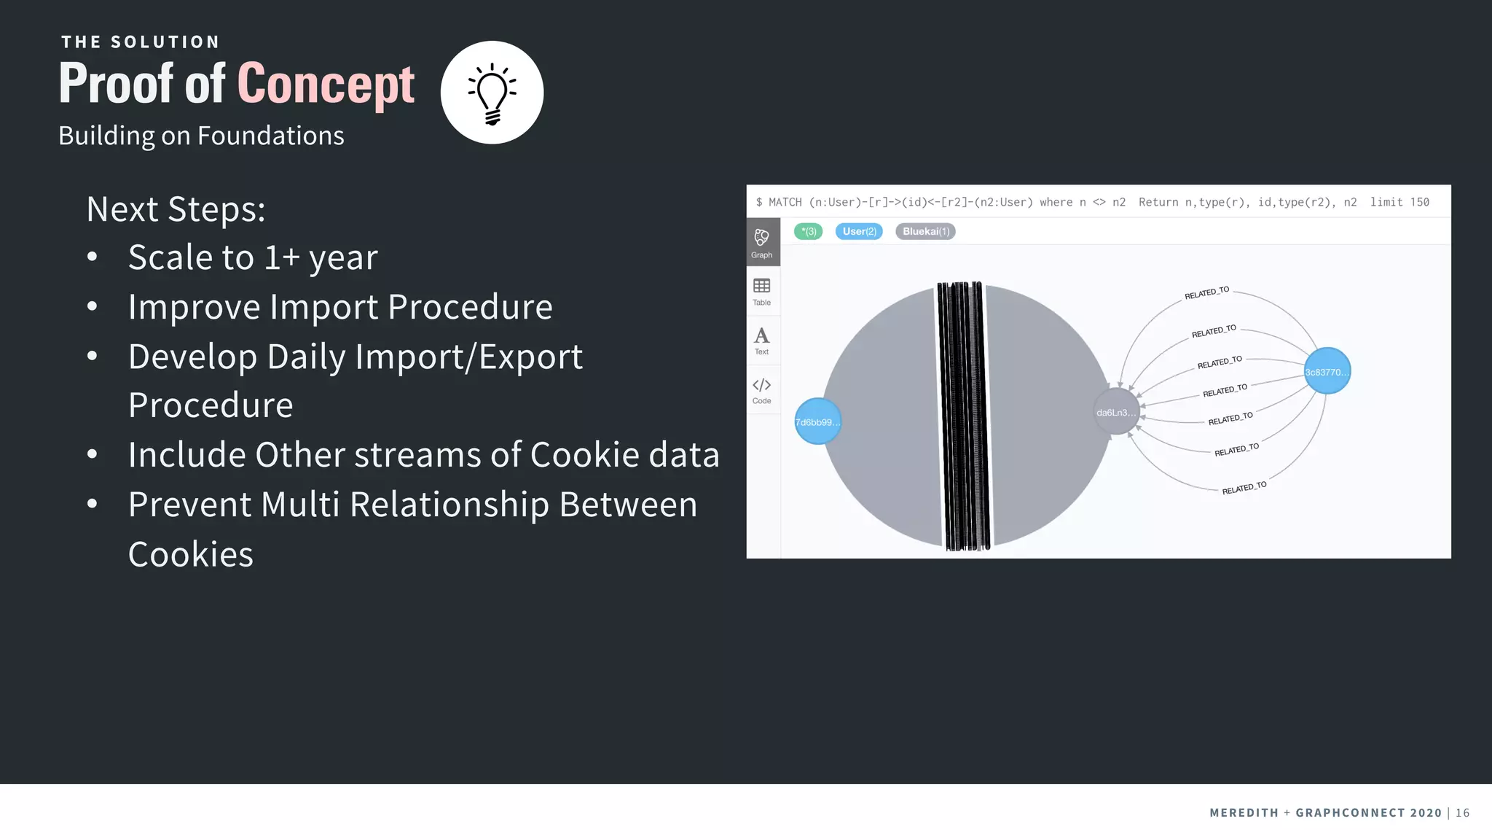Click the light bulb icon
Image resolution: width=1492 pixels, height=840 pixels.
click(x=492, y=93)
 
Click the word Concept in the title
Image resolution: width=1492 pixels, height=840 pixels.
click(x=326, y=84)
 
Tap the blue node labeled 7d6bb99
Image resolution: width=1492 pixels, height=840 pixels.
click(x=817, y=421)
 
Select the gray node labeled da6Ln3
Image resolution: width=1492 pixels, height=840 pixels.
click(x=1116, y=413)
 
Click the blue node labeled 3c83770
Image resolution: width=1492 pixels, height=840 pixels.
click(x=1327, y=372)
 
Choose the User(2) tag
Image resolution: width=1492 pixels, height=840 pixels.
click(x=859, y=231)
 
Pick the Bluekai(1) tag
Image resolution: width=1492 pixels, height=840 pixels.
click(x=925, y=231)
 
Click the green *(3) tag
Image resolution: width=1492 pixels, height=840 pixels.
click(x=808, y=231)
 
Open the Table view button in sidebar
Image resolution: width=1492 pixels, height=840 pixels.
click(x=762, y=291)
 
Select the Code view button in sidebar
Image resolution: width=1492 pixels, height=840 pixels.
click(x=762, y=390)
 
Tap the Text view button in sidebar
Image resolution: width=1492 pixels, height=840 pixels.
click(x=762, y=341)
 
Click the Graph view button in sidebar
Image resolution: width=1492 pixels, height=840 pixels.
click(x=762, y=243)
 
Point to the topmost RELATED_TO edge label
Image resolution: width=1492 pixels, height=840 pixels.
click(x=1206, y=293)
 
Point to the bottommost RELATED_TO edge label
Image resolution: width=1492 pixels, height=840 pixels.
click(x=1244, y=488)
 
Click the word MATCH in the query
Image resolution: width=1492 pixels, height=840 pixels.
click(x=785, y=202)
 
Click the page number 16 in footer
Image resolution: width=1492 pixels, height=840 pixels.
click(x=1462, y=812)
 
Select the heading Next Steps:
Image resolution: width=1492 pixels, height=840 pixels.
click(x=176, y=209)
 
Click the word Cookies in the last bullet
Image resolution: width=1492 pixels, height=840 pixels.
click(x=191, y=554)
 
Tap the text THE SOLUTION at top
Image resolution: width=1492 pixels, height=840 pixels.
click(x=140, y=42)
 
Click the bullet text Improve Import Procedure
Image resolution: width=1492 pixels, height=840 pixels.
click(x=340, y=307)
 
